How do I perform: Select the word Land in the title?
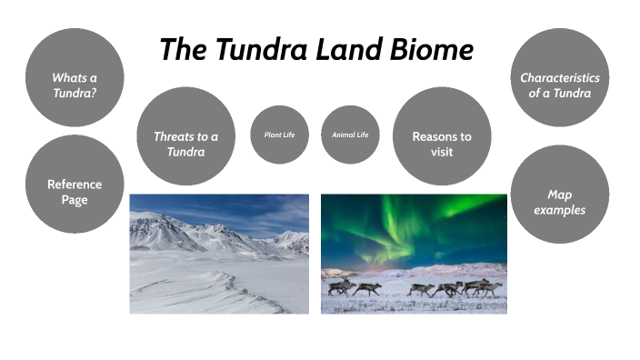click(x=350, y=49)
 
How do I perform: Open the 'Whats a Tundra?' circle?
click(x=75, y=85)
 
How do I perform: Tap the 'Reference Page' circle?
click(x=75, y=192)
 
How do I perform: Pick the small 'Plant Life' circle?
click(x=279, y=135)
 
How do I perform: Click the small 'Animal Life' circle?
click(x=350, y=135)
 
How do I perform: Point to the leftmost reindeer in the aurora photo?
click(x=341, y=286)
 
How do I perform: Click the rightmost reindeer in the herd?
click(x=489, y=288)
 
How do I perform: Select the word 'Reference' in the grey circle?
click(x=75, y=185)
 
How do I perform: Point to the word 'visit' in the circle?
click(x=442, y=152)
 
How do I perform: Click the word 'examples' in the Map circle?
click(x=560, y=210)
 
